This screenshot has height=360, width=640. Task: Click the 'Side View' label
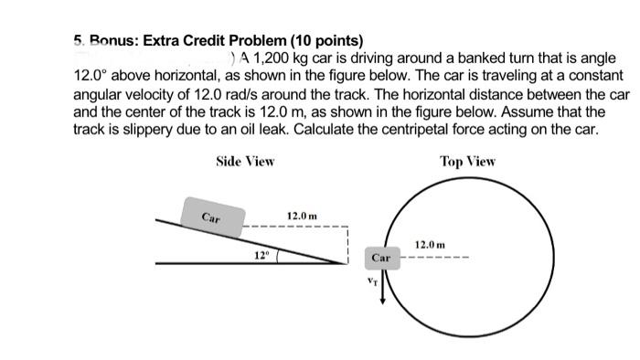pyautogui.click(x=245, y=162)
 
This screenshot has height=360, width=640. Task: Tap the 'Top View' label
pyautogui.click(x=467, y=162)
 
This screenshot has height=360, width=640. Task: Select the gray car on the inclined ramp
pyautogui.click(x=211, y=217)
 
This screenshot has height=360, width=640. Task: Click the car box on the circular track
pyautogui.click(x=382, y=259)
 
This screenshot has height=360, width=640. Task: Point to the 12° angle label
pyautogui.click(x=261, y=254)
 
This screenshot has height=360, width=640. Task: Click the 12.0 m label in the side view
pyautogui.click(x=302, y=216)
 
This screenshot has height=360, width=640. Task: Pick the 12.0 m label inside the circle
pyautogui.click(x=430, y=245)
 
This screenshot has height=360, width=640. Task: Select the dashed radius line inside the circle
pyautogui.click(x=437, y=259)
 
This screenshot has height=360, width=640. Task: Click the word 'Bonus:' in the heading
pyautogui.click(x=111, y=41)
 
